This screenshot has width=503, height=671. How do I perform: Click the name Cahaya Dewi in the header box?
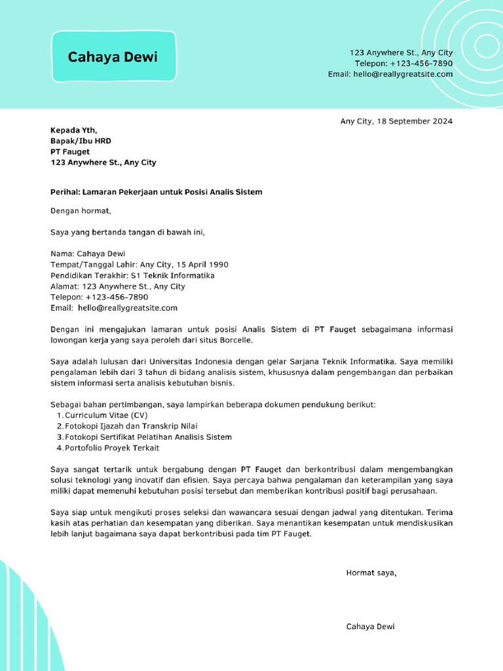113,57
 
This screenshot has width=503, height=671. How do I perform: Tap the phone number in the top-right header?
421,64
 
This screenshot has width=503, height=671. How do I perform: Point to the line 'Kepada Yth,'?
73,130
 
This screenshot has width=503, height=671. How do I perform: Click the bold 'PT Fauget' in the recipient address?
70,151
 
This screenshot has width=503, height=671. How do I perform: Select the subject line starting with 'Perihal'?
156,192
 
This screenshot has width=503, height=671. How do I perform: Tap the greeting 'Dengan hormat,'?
81,211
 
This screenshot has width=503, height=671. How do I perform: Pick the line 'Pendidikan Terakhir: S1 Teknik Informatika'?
132,275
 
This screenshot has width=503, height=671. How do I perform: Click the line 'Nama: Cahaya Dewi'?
88,254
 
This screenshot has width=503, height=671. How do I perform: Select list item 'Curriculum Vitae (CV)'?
106,415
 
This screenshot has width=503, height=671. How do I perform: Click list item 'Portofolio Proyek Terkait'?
112,448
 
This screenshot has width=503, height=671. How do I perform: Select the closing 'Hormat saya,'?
371,573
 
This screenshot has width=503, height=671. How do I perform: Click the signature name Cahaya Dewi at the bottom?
370,626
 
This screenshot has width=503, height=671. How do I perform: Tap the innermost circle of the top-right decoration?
487,45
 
